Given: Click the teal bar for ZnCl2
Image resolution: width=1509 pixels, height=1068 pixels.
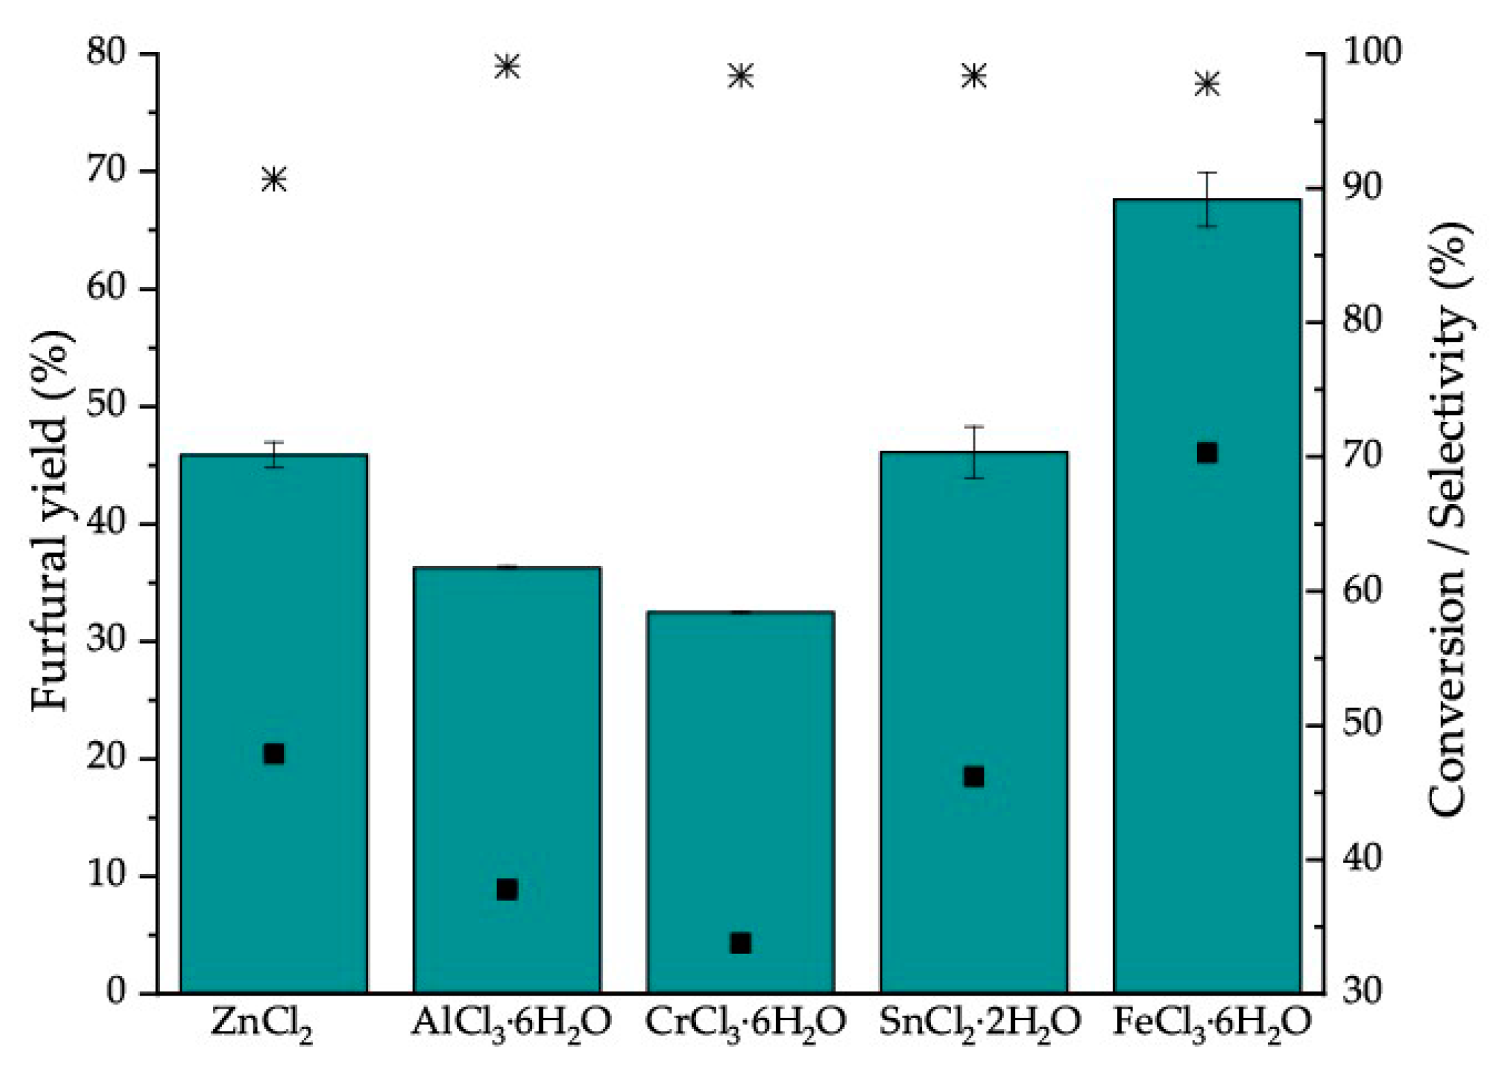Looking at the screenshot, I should click(x=273, y=615).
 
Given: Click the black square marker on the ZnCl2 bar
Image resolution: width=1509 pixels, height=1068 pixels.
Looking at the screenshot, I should click(x=274, y=754).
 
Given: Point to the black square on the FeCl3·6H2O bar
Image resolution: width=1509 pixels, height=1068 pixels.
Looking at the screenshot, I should click(x=1207, y=453).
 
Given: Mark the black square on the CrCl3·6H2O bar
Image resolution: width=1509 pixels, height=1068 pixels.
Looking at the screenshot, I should click(x=740, y=943).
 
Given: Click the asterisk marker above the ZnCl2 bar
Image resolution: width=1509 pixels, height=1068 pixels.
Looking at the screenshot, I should click(x=274, y=180).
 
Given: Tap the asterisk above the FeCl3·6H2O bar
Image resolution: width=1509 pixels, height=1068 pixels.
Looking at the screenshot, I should click(x=1207, y=84).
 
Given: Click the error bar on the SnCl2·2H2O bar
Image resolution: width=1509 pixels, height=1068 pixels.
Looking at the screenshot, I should click(x=973, y=451).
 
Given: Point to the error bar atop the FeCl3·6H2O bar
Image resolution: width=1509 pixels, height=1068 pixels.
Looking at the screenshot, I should click(x=1207, y=199).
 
